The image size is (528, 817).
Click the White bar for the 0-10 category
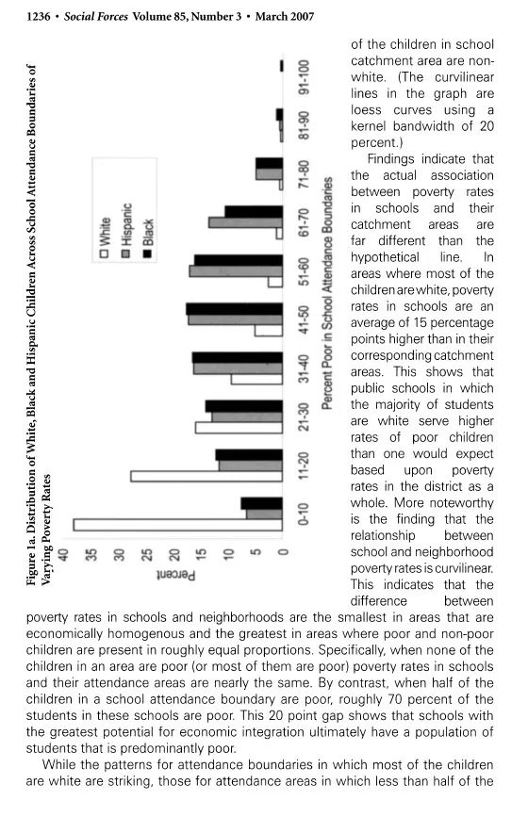[x=178, y=525]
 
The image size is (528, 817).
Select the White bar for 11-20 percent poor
[x=206, y=476]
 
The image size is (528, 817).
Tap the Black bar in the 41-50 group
[x=235, y=309]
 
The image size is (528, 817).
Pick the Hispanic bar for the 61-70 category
[x=245, y=222]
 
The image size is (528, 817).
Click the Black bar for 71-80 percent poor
[x=269, y=164]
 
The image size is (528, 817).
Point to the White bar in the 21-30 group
[x=239, y=428]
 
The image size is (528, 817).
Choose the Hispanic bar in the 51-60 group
[x=236, y=271]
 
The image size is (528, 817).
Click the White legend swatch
[x=105, y=254]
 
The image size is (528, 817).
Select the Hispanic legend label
[x=125, y=224]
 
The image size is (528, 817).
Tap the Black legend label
[x=147, y=232]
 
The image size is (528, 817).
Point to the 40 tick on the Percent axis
[x=63, y=555]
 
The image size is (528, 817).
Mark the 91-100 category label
[x=304, y=77]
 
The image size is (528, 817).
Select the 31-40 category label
[x=304, y=368]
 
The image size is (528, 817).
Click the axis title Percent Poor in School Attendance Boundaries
[x=327, y=293]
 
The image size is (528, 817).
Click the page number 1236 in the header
[x=38, y=17]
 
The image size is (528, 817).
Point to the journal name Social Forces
[x=96, y=17]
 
